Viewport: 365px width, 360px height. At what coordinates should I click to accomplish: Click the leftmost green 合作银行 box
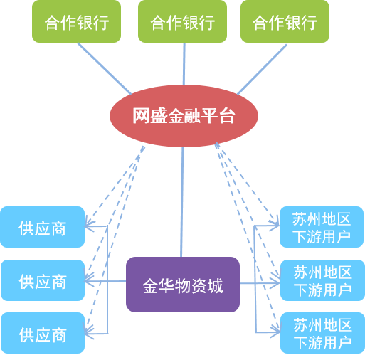click(x=76, y=21)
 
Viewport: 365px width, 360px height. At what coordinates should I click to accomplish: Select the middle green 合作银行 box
click(x=182, y=21)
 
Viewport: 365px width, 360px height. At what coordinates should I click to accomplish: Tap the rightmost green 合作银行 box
click(x=285, y=21)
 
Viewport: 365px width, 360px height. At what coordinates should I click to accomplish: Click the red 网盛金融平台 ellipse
click(x=184, y=116)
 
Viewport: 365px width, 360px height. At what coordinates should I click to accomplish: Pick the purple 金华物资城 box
click(x=183, y=285)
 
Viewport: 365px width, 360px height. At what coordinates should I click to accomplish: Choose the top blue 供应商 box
click(x=43, y=227)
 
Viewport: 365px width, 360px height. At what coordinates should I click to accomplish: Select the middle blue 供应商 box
click(x=43, y=280)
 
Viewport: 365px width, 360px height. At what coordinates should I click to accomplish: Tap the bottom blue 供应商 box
click(x=43, y=333)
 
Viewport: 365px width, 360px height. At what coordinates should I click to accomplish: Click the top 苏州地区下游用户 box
click(x=322, y=227)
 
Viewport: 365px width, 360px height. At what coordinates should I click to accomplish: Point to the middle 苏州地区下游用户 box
click(x=322, y=280)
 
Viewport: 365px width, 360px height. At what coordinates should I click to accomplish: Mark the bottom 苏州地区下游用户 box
click(x=322, y=333)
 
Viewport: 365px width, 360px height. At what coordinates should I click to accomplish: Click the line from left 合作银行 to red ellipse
click(x=105, y=69)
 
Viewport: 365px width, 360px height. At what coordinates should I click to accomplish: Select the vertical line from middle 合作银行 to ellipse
click(x=184, y=64)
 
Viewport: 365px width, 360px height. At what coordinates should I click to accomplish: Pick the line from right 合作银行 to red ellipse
click(x=262, y=70)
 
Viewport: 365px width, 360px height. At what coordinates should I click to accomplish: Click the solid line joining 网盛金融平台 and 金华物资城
click(x=182, y=202)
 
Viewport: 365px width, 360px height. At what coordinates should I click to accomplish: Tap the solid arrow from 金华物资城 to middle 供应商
click(x=105, y=281)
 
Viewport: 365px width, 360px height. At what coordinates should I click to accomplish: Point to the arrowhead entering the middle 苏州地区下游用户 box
click(x=275, y=283)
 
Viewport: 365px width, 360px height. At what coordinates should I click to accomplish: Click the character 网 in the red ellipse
click(x=141, y=115)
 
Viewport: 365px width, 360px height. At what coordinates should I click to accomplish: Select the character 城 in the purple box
click(x=215, y=285)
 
